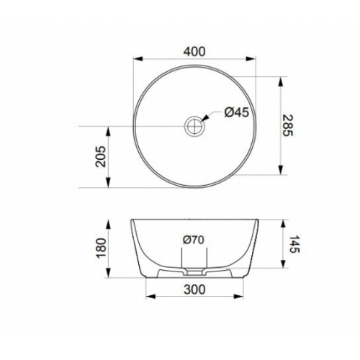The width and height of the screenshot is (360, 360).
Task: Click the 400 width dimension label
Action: (194, 52)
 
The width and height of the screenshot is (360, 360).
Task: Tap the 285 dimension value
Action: (287, 125)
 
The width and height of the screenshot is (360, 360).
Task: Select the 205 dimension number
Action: (100, 156)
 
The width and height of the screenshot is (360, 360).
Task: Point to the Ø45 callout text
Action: (237, 112)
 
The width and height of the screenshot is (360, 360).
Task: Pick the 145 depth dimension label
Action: (294, 244)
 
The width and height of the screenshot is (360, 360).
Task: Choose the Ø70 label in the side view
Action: (194, 240)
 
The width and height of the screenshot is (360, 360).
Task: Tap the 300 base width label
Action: (194, 289)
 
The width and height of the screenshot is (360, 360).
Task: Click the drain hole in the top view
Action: (194, 126)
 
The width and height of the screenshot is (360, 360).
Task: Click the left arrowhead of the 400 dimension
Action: (138, 59)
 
